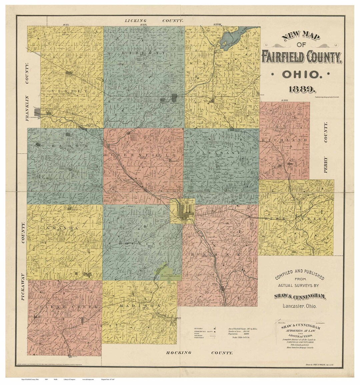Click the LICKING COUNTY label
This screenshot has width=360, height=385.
154,21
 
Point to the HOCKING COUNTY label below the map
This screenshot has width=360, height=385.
199,353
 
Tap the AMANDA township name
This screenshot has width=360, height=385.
59,228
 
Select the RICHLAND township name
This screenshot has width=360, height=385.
284,141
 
